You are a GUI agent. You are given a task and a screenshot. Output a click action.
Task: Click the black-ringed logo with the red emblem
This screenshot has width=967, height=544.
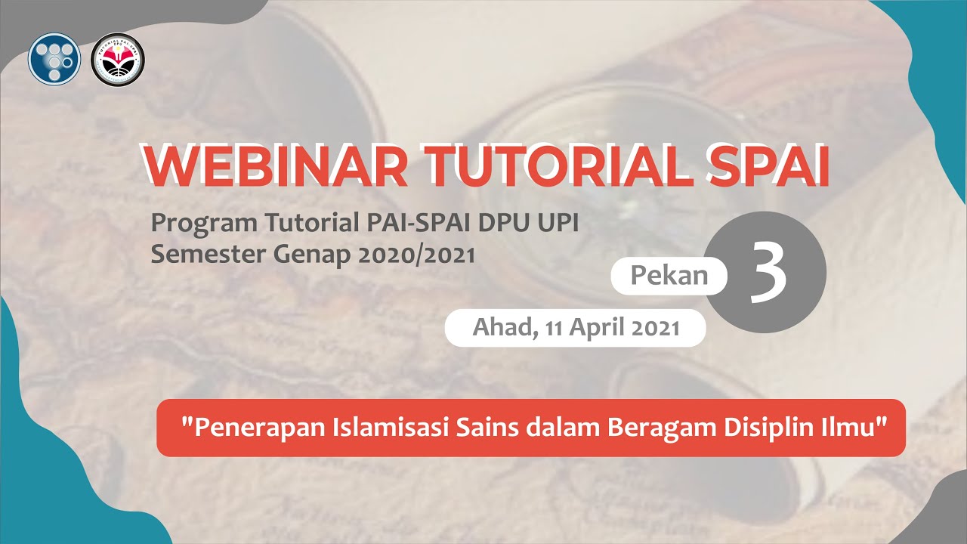118,59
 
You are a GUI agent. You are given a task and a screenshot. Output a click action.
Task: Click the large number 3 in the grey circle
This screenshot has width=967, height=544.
768,274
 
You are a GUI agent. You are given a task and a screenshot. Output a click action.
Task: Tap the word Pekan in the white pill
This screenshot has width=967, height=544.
669,277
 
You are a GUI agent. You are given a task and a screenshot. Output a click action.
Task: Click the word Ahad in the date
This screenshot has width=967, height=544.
499,328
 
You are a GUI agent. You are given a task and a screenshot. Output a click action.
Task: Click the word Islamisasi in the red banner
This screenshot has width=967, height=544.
391,427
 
